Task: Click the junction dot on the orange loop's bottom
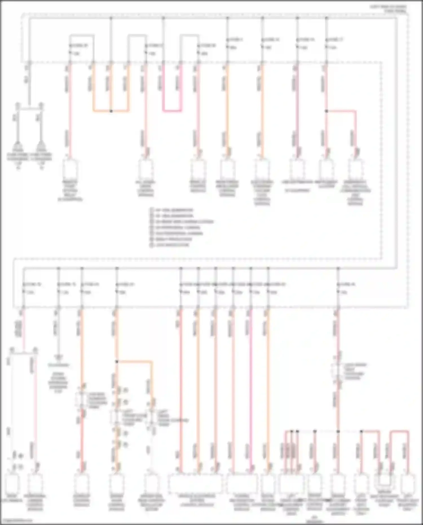(111, 111)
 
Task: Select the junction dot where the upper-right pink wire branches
(327, 111)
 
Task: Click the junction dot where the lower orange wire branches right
(117, 361)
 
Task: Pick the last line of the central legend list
(172, 245)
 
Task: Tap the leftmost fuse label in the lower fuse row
(32, 284)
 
